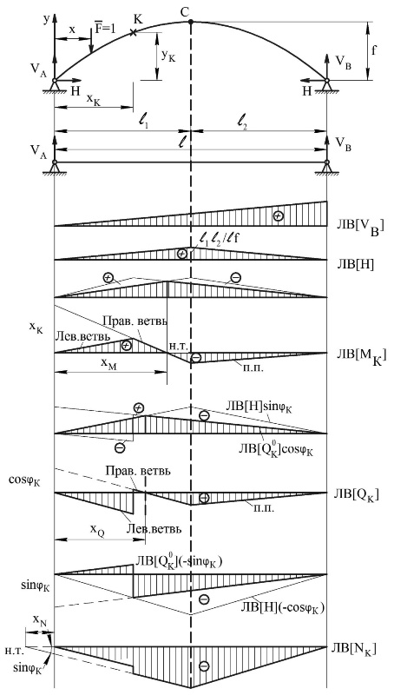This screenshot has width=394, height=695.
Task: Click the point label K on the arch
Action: (139, 19)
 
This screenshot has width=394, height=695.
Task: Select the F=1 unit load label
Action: (105, 28)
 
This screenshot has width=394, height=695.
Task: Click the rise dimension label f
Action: (374, 50)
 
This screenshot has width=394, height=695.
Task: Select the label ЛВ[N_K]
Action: (358, 649)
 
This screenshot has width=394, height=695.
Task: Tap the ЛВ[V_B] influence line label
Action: (360, 228)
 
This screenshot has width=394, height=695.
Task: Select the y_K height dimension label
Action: (168, 56)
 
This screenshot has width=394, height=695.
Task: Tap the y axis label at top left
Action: (46, 19)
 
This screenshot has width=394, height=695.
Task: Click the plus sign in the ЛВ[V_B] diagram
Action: (277, 215)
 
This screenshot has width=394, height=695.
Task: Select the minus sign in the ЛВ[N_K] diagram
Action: (204, 665)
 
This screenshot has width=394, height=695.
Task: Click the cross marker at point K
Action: (133, 32)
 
